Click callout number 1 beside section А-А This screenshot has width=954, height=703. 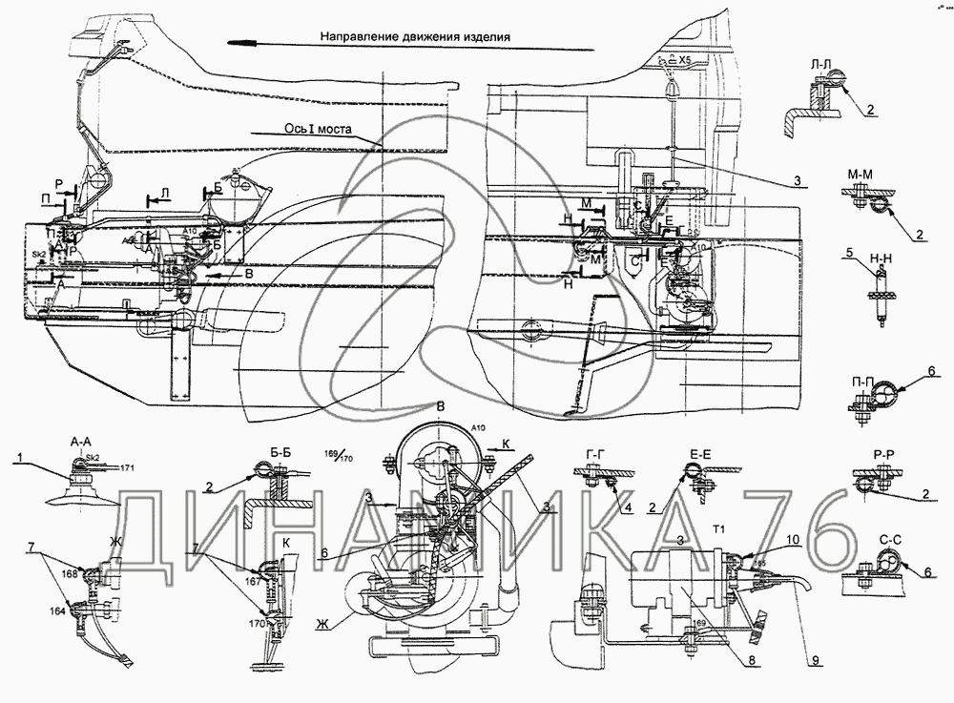coord(19,457)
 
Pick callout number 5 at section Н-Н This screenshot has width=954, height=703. coord(847,254)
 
